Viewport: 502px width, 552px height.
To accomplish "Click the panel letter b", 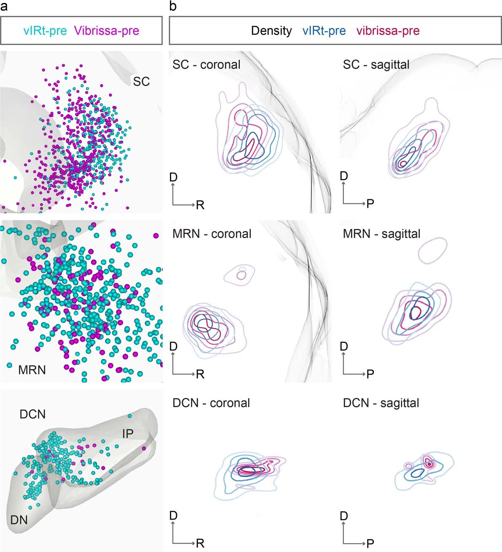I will point(173,6).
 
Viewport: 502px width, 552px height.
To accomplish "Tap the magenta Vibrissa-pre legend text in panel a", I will point(106,31).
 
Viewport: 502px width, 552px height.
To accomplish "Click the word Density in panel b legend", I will point(271,31).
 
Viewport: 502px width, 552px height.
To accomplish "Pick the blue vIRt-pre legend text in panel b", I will point(324,31).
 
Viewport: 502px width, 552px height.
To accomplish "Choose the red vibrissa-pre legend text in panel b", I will point(388,31).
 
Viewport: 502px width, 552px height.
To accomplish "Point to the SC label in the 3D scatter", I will point(141,81).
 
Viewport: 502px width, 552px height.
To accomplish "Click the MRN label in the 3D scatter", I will point(32,370).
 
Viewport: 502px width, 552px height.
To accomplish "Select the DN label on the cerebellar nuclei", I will point(19,520).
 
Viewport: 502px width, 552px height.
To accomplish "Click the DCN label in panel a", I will point(32,414).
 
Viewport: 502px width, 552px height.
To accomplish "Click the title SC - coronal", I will point(207,64).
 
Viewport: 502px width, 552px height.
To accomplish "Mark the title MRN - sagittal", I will point(381,233).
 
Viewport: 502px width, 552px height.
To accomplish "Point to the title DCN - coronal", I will point(211,403).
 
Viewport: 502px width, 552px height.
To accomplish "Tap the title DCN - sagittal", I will point(381,403).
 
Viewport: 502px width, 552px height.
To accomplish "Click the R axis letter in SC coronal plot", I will point(200,205).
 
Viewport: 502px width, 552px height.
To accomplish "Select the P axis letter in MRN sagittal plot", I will point(370,374).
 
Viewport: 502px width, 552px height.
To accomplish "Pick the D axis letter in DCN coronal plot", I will point(173,516).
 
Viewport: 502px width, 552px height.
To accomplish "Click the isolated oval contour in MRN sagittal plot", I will point(432,251).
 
